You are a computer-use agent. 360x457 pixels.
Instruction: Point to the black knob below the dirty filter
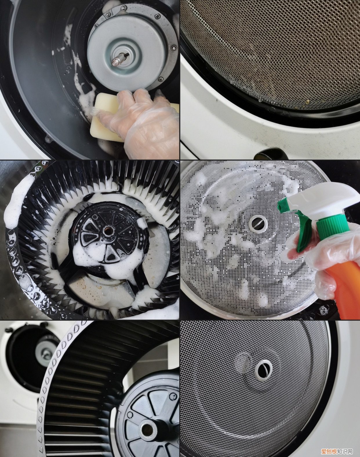pos(268,154)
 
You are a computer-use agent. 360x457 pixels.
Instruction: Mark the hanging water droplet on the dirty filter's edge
pos(260,100)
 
